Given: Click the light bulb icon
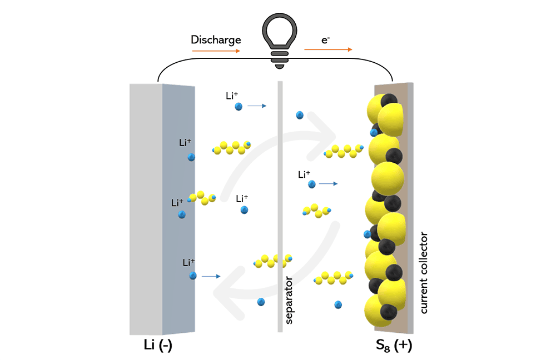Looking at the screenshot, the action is (280, 41).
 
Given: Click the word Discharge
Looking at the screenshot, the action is (216, 39).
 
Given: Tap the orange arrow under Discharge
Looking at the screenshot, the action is (216, 51).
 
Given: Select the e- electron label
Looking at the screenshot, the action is (325, 40).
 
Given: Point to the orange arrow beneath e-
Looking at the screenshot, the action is (329, 49).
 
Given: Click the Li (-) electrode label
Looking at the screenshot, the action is (158, 345).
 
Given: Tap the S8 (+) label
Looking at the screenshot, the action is (394, 345).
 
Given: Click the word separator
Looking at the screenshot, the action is (289, 300).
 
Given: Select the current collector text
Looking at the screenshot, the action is (424, 272).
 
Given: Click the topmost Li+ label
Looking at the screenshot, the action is (232, 96).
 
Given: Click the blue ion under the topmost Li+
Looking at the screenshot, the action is (239, 106).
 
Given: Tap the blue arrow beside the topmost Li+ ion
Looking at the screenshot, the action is (257, 106).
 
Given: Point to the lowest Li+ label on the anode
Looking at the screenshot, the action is (188, 263).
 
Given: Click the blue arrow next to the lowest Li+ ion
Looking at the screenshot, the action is (211, 276).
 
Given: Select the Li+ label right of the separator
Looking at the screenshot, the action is (304, 174).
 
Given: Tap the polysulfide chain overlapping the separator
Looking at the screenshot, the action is (272, 261).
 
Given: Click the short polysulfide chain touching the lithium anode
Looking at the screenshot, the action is (202, 198).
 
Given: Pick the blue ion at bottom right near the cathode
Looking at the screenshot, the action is (338, 305).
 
